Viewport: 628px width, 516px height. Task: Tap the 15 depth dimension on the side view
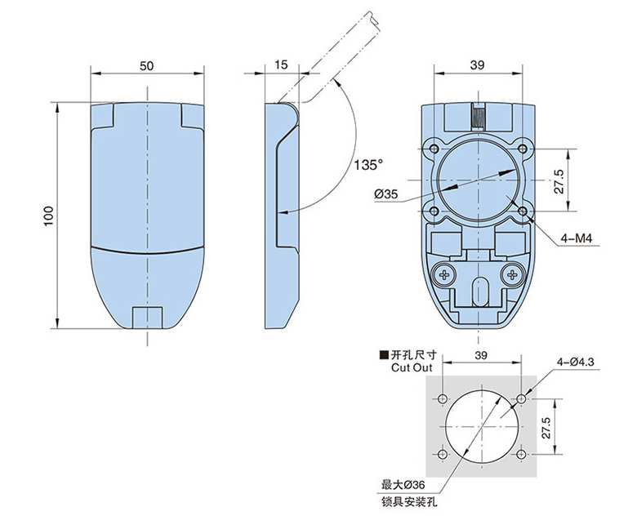point(282,65)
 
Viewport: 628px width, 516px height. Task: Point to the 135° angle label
point(368,165)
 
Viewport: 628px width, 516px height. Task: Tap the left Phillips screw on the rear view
point(445,275)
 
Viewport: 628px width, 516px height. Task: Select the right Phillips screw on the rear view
point(513,275)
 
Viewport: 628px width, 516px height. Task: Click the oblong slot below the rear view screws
point(479,289)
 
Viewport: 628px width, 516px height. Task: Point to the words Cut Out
point(410,368)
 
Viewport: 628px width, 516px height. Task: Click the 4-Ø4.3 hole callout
point(576,360)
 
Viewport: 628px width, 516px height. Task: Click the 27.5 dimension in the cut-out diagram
point(548,426)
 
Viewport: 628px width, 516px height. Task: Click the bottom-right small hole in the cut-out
point(521,454)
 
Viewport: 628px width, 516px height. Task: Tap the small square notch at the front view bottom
point(146,317)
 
